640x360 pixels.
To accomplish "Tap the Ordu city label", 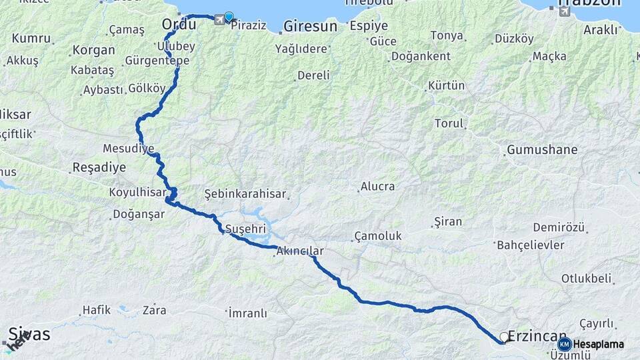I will (179, 25).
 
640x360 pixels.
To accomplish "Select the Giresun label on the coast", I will (310, 27).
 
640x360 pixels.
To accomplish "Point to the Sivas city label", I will (29, 334).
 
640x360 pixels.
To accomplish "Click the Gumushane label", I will (542, 149).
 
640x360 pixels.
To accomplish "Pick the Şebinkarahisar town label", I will (245, 194).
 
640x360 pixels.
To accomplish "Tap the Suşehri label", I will (245, 229).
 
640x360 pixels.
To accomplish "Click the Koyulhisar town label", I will (138, 192).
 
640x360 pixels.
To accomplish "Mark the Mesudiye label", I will (129, 147).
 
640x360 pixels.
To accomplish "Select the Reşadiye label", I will (99, 167).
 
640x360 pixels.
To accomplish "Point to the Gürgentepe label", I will (157, 61).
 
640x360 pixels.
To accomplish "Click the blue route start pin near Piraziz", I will (229, 17).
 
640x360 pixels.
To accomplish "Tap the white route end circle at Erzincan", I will (504, 337).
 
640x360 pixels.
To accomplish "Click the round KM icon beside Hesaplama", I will (565, 344).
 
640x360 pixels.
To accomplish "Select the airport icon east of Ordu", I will (219, 20).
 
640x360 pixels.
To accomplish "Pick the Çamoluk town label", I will (378, 236).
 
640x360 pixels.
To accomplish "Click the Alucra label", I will (377, 187).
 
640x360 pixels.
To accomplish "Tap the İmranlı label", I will (247, 313).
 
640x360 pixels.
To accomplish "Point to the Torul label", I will (449, 123).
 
